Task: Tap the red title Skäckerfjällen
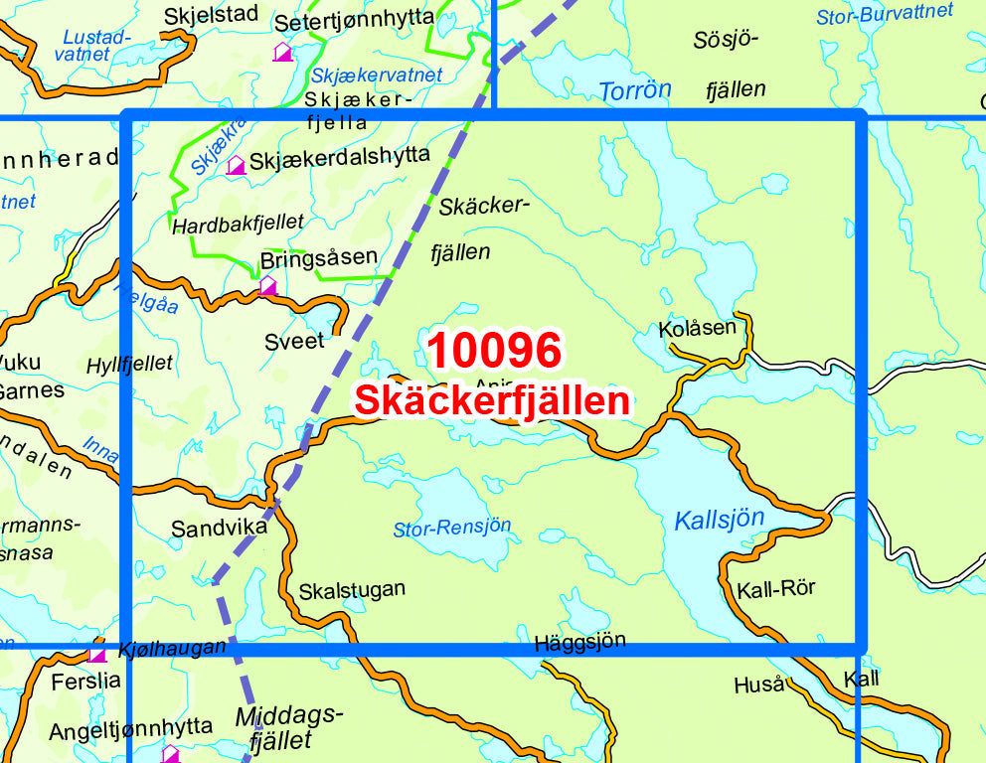click(492, 400)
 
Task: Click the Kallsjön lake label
click(719, 519)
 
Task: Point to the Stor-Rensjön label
click(452, 528)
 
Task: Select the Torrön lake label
click(634, 90)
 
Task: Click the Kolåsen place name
click(698, 327)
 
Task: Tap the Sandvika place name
click(219, 528)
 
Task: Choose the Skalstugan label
click(352, 589)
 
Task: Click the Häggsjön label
click(579, 642)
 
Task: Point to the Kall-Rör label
click(775, 588)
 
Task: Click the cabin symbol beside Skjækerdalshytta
click(236, 165)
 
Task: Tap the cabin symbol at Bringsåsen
click(267, 286)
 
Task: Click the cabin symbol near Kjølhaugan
click(97, 654)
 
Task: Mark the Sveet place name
click(294, 341)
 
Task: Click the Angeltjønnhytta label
click(131, 730)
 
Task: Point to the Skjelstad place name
click(211, 14)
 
